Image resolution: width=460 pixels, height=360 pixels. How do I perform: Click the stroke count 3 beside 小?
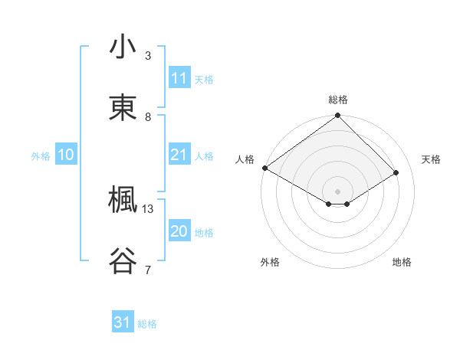coord(148,56)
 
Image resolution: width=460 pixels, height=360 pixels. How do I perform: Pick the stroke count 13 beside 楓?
coord(148,208)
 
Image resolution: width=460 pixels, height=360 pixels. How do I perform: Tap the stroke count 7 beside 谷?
coord(148,269)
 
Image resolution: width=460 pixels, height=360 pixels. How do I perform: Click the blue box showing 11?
coord(179,78)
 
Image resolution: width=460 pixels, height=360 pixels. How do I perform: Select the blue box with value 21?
coord(179,155)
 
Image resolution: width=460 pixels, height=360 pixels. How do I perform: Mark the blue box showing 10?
coord(65,155)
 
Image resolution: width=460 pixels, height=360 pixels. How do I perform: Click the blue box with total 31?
coord(122,323)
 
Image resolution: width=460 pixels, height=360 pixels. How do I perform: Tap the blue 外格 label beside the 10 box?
coord(41,156)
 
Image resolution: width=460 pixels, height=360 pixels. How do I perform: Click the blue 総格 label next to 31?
coord(147,324)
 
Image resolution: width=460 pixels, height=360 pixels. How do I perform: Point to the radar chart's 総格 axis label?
coord(338,100)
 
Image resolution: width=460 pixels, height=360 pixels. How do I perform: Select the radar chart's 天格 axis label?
coord(431,159)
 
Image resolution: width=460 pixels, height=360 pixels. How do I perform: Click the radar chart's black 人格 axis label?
coord(245,159)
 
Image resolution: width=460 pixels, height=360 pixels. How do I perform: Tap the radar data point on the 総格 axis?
coord(338,116)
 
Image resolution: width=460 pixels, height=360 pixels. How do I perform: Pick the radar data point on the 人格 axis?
coord(264,168)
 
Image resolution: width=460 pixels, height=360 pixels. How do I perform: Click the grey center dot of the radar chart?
coord(338,191)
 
